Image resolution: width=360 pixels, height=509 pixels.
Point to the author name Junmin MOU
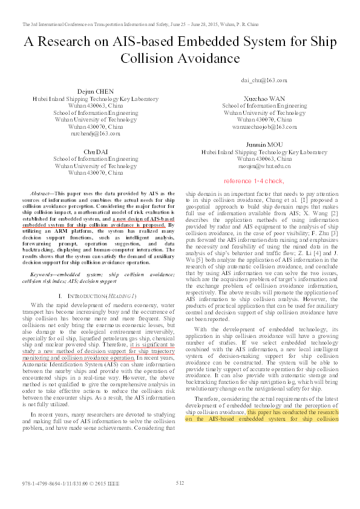[264, 145]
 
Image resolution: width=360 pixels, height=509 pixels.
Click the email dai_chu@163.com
[264, 80]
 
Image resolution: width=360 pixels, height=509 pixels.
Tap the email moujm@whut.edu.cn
[264, 165]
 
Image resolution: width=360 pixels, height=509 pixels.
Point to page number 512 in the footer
[180, 482]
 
